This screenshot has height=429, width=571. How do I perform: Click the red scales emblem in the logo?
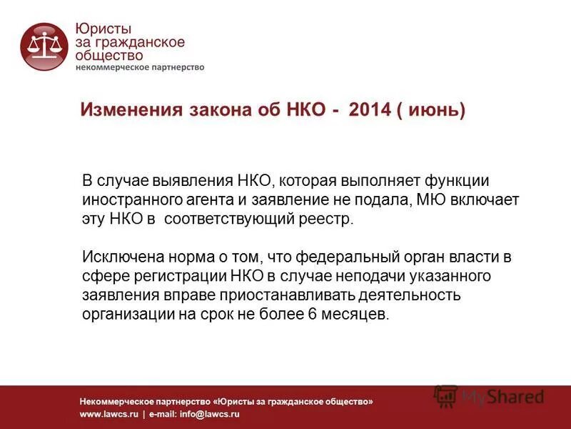44,46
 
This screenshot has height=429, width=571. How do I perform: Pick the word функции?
457,181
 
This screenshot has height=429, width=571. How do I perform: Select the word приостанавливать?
277,294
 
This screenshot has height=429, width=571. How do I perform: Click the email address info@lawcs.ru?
213,414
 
